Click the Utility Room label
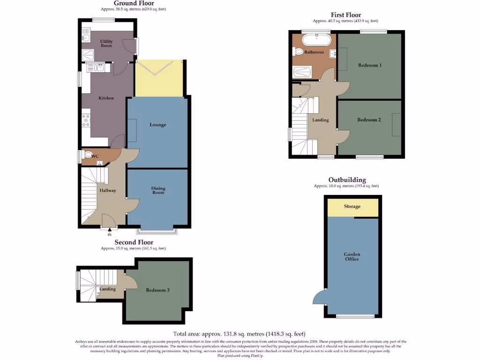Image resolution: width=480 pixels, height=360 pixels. [106, 44]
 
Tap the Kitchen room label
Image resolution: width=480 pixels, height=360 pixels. [106, 98]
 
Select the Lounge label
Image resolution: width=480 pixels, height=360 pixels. [158, 125]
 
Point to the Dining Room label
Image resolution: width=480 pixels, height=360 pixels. [158, 190]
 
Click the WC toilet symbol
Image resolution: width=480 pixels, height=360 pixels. [87, 154]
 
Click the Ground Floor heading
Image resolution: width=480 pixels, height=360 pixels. [134, 3]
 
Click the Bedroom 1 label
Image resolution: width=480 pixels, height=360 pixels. [369, 65]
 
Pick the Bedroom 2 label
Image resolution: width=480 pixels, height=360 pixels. [369, 120]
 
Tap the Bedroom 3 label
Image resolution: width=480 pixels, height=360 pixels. [157, 290]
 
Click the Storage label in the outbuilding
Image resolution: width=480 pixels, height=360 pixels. [352, 206]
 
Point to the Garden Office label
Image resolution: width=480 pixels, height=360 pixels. [352, 256]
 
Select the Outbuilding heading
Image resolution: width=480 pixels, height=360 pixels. [347, 180]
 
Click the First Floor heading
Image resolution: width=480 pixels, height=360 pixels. [345, 15]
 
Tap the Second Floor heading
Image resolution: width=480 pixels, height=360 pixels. [134, 242]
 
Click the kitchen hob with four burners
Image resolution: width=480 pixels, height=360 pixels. [86, 121]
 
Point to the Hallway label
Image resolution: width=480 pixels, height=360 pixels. [107, 190]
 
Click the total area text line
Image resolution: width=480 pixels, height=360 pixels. [240, 334]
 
